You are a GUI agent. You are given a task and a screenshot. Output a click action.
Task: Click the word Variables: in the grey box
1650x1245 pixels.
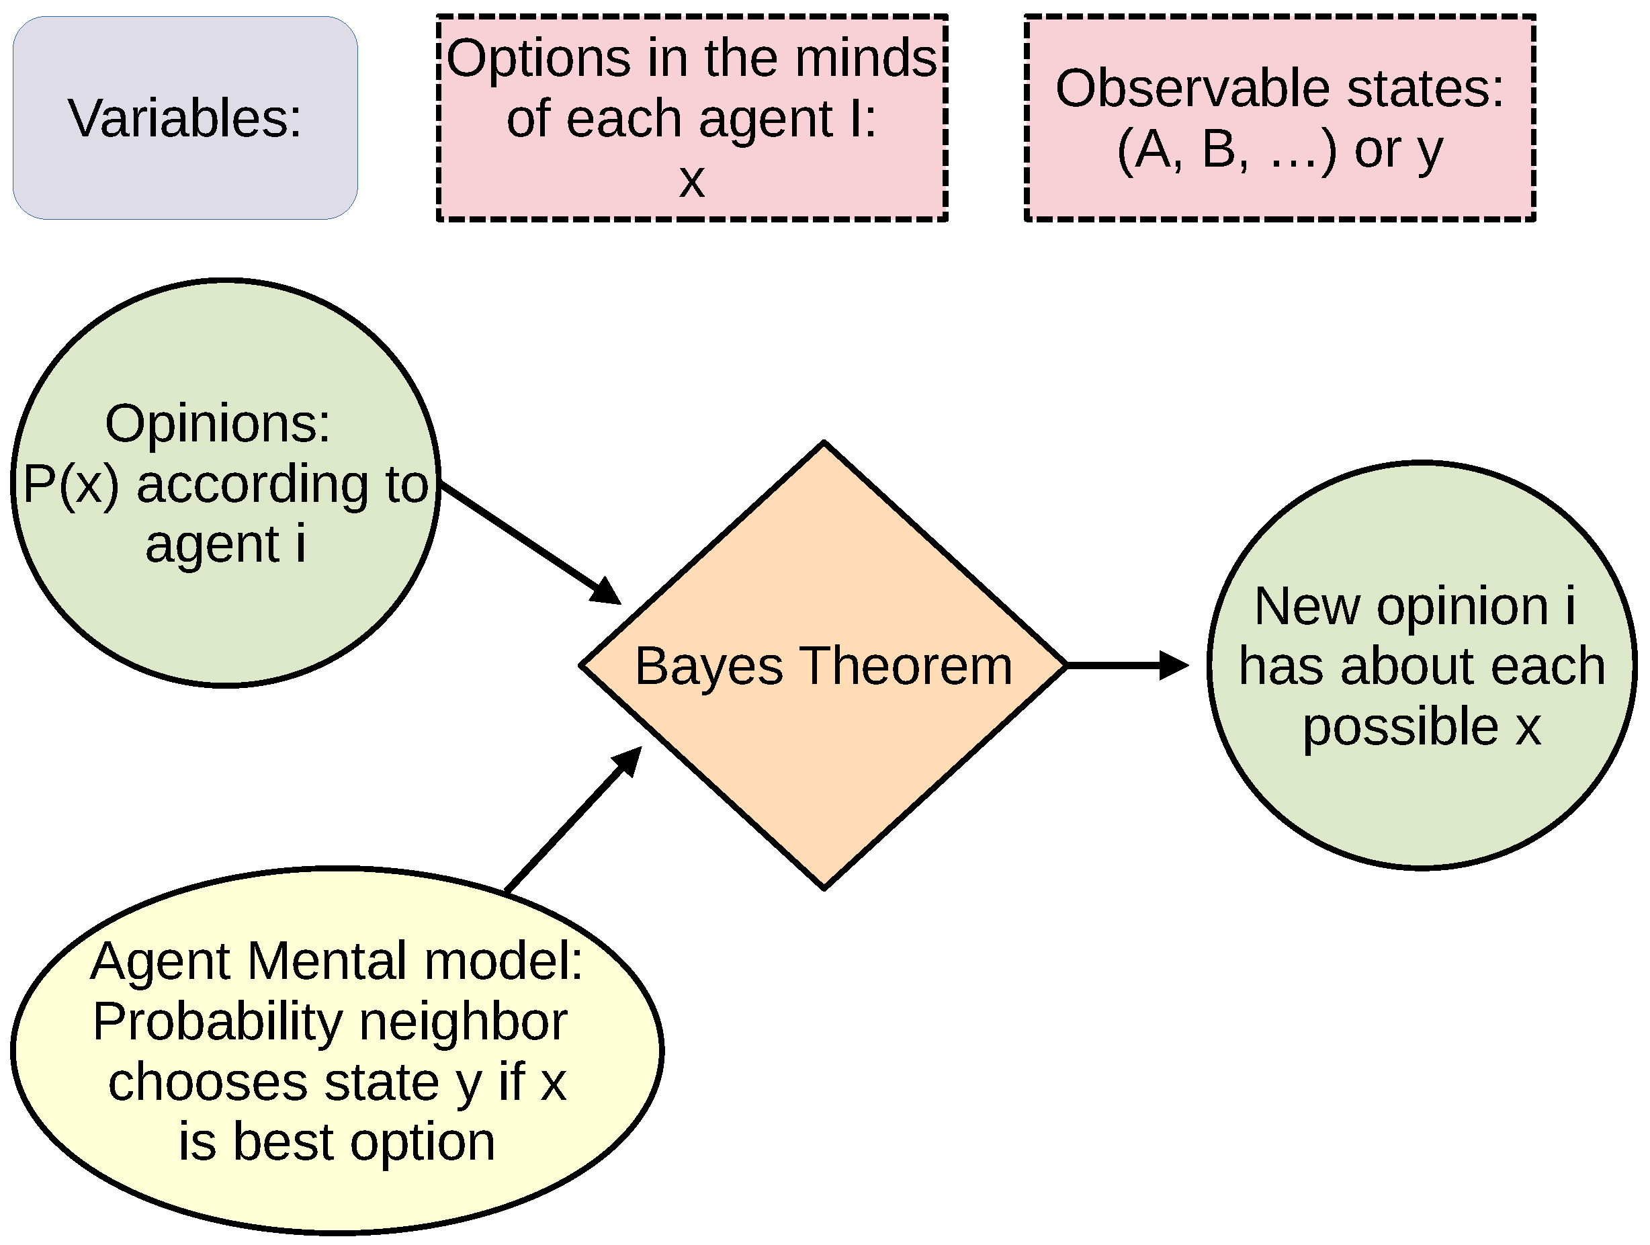click(x=184, y=118)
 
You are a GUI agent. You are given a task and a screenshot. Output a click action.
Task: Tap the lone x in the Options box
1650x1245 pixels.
click(x=691, y=180)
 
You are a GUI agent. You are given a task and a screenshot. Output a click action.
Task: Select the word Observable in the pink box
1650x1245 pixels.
click(x=1191, y=88)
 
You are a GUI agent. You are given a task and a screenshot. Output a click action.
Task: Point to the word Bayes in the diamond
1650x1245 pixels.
click(x=708, y=666)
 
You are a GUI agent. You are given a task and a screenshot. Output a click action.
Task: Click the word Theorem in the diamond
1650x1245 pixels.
click(x=906, y=665)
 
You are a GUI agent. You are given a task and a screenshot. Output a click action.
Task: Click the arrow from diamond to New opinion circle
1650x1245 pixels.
click(x=1127, y=664)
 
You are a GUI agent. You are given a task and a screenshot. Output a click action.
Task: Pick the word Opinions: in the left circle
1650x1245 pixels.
click(x=217, y=423)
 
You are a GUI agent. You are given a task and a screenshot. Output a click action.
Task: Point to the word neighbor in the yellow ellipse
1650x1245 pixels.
click(x=464, y=1021)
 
